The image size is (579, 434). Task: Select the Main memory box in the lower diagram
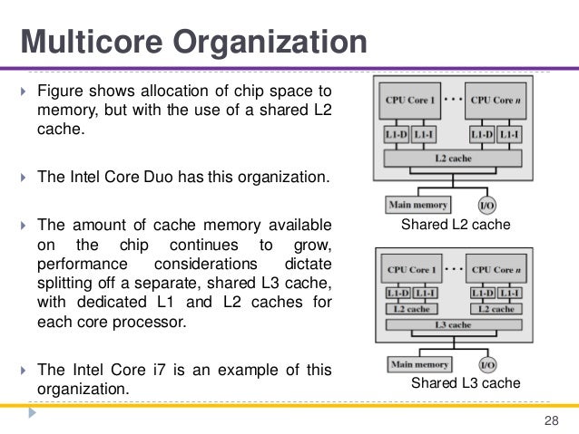(x=418, y=364)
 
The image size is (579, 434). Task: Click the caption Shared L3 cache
(x=466, y=384)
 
